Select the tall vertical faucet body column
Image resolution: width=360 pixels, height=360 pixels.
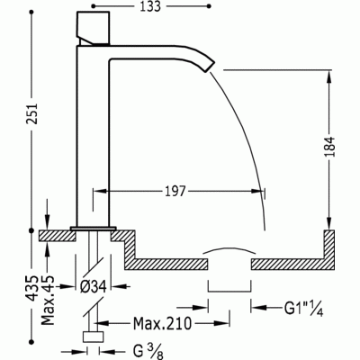[x=91, y=135]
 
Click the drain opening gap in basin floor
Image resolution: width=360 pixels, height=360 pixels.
[x=229, y=264]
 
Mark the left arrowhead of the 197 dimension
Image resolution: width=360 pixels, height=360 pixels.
[x=111, y=189]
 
